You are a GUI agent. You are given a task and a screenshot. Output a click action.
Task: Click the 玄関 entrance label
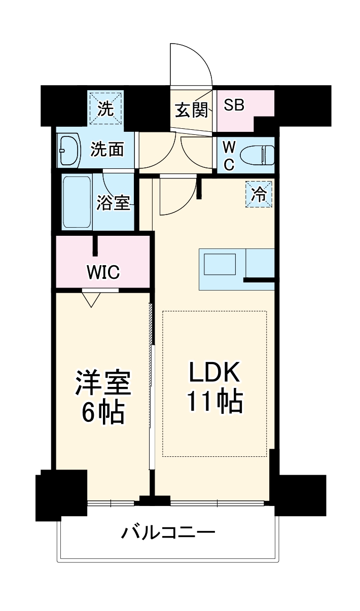click(191, 110)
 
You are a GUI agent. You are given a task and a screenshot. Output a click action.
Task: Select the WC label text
click(229, 156)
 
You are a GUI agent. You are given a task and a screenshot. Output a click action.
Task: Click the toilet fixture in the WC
click(259, 155)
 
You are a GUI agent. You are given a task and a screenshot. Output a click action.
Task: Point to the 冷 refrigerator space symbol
click(259, 194)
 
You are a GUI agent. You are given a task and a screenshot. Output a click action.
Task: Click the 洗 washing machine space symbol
click(105, 108)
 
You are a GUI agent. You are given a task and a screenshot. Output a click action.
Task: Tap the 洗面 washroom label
click(107, 150)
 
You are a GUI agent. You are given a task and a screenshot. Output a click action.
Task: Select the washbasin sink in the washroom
click(69, 150)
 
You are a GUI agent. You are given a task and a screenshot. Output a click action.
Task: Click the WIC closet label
click(102, 272)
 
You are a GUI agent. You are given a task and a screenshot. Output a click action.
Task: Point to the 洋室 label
click(103, 384)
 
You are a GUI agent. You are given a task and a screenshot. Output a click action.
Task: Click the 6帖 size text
click(103, 413)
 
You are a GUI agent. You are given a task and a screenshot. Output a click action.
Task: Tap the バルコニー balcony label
click(168, 533)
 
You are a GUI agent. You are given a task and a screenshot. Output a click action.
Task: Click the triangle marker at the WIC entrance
click(91, 300)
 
